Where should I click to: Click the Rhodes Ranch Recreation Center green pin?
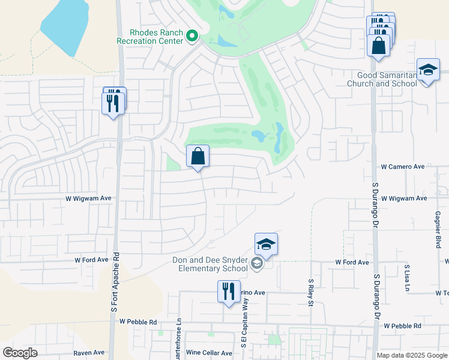[192, 37]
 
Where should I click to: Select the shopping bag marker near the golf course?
[197, 157]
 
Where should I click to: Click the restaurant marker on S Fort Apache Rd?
[113, 103]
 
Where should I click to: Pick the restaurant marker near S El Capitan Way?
[228, 292]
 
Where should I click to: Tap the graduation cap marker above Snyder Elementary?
[266, 245]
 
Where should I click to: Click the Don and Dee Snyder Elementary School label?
[209, 265]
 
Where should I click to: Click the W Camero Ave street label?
[403, 167]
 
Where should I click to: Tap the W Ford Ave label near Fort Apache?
[91, 260]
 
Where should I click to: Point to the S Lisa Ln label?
[407, 275]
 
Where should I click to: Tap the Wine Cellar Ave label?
[208, 353]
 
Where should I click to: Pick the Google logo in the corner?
[20, 353]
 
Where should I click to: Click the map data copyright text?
[412, 355]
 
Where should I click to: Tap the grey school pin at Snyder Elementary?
[257, 264]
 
